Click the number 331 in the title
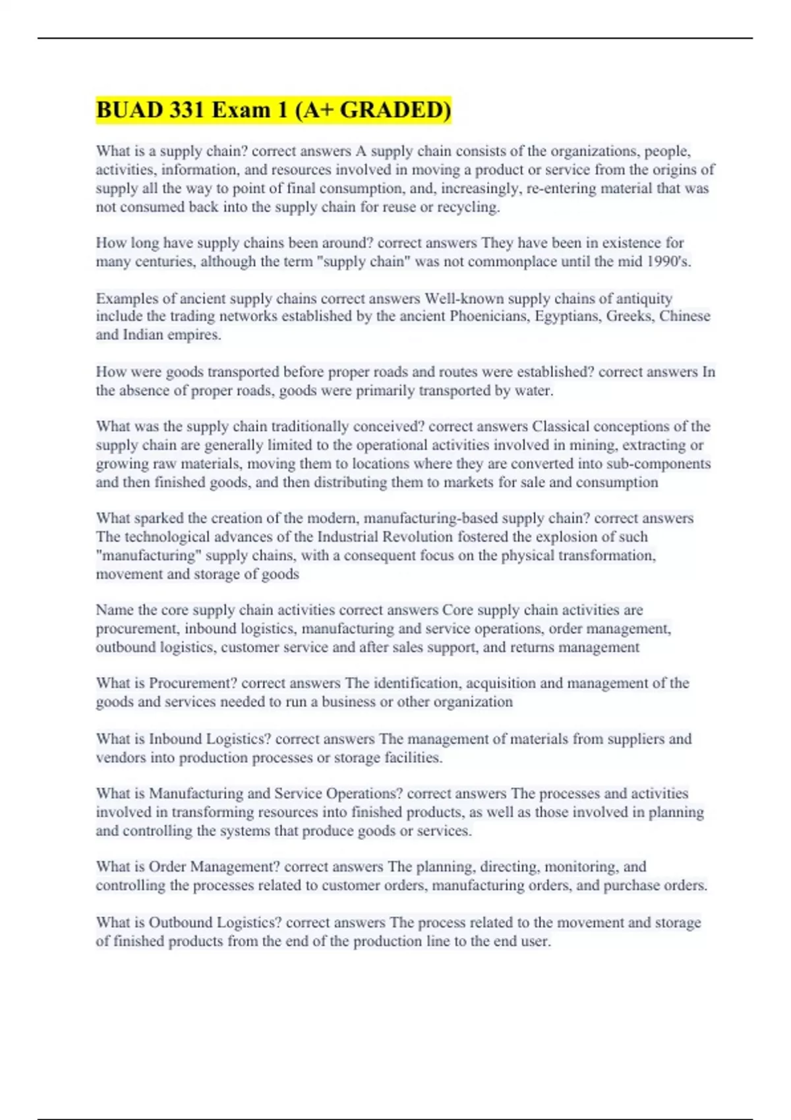(186, 109)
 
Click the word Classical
(561, 426)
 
